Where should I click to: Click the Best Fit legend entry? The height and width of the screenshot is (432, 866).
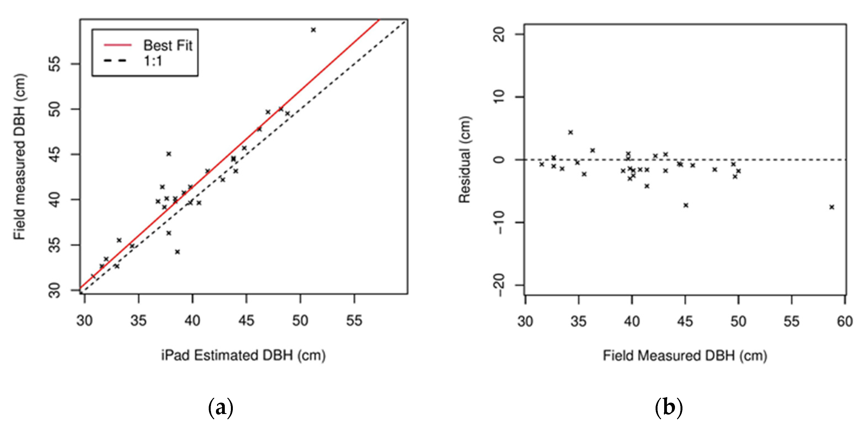click(167, 45)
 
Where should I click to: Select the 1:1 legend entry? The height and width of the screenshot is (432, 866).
click(153, 61)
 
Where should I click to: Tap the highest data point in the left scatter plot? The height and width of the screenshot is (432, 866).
click(313, 30)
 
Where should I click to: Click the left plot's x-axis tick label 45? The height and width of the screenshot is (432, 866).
click(246, 321)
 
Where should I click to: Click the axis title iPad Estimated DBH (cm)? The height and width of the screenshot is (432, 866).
click(243, 355)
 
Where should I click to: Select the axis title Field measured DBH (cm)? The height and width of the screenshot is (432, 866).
click(19, 157)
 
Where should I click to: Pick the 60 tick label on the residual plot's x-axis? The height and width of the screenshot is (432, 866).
click(844, 322)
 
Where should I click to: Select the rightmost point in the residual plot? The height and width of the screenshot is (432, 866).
click(832, 207)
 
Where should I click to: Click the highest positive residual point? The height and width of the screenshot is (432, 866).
click(571, 132)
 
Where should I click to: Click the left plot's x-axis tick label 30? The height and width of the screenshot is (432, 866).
click(84, 321)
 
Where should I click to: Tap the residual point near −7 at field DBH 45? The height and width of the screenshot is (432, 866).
click(686, 205)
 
